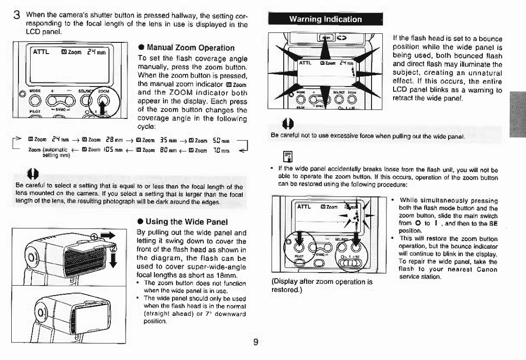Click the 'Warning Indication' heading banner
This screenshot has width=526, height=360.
(x=325, y=19)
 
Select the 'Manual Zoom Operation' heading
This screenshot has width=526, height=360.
(x=189, y=48)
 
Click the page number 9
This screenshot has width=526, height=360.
(x=255, y=342)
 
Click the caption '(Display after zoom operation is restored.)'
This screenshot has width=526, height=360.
(x=322, y=286)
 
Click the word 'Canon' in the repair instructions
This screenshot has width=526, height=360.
(x=486, y=269)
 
